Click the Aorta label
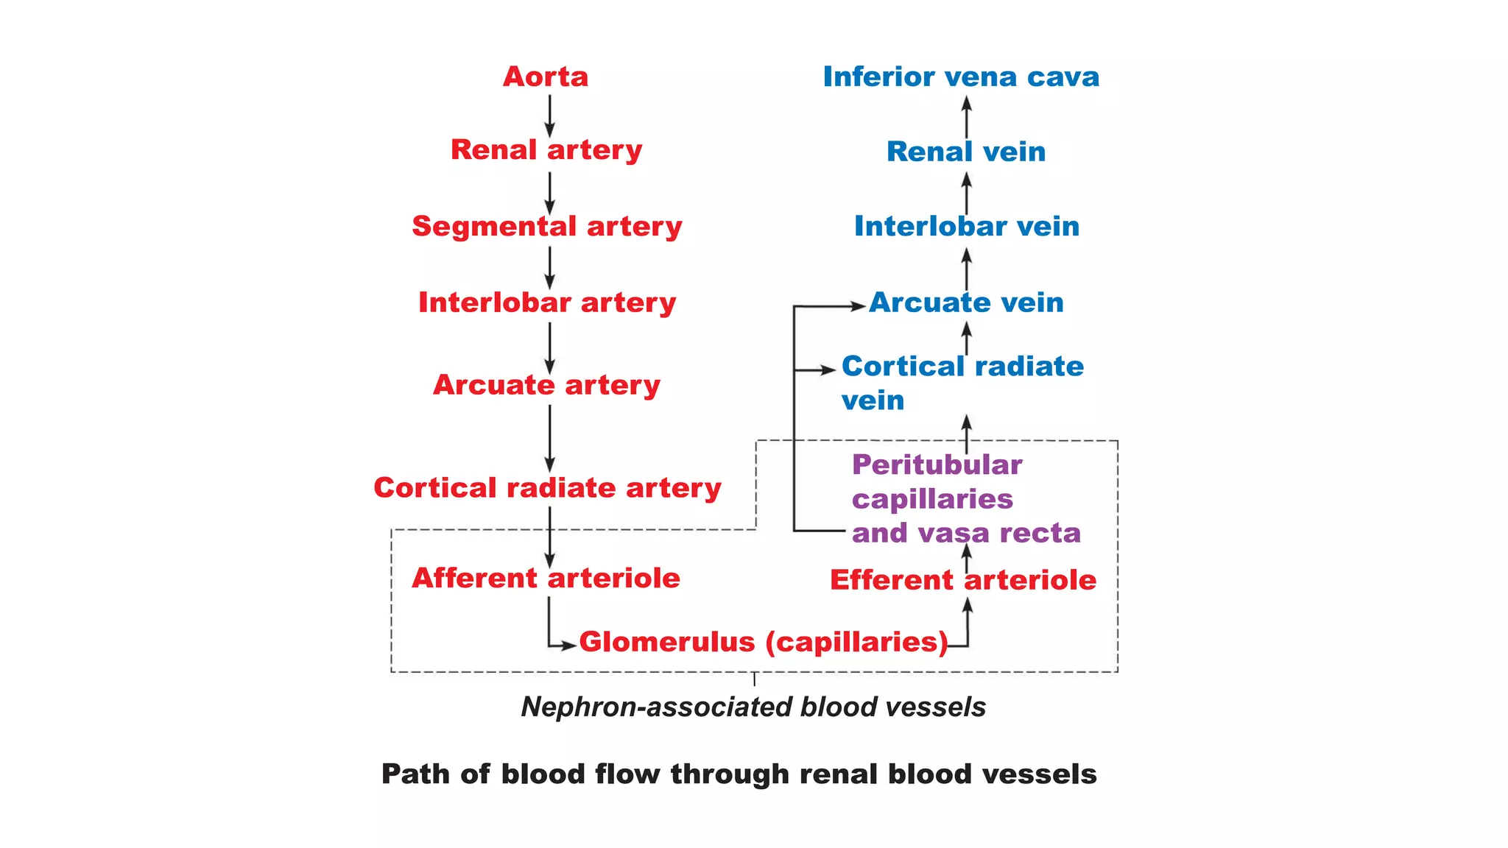coord(546,77)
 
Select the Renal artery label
coord(546,150)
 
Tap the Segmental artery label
coord(547,226)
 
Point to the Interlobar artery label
coord(547,303)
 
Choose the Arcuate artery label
coord(546,385)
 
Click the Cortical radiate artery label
coord(547,488)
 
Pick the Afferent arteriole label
coord(546,578)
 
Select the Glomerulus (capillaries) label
coord(764,642)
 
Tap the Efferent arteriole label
coord(963,580)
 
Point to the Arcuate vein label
coord(966,303)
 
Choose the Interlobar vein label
coord(966,226)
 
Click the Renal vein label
coord(966,152)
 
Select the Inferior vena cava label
coord(961,77)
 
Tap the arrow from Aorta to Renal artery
coord(549,116)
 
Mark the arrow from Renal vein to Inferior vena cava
coord(967,116)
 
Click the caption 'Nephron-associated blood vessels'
coord(753,707)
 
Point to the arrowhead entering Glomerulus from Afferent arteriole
coord(568,646)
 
